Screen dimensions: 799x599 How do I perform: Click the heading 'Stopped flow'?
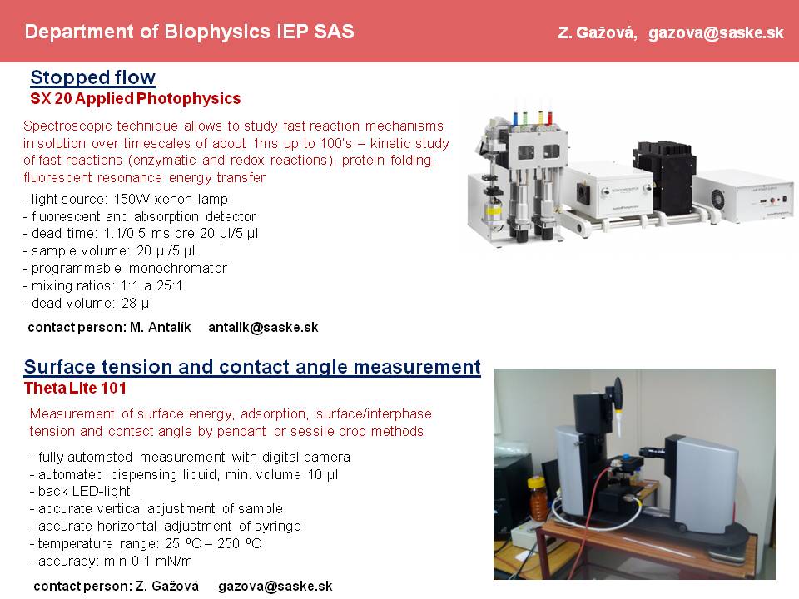(92, 77)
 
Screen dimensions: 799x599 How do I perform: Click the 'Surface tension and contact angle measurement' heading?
(252, 367)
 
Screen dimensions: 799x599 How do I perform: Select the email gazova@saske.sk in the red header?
(716, 33)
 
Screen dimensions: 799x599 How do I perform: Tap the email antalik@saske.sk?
(263, 327)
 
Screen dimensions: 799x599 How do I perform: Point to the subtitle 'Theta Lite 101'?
(75, 389)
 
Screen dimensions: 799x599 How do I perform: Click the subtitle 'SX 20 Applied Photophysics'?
(136, 98)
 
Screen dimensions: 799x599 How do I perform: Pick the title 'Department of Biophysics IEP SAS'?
(189, 32)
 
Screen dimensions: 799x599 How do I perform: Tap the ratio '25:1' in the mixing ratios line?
(169, 285)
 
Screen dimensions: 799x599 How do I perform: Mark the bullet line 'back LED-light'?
(81, 492)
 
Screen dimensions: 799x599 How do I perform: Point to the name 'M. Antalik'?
(160, 327)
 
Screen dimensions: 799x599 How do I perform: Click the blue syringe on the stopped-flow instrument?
(516, 118)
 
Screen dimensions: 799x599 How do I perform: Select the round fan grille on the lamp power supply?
(718, 198)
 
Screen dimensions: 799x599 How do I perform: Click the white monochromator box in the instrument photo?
(610, 191)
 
